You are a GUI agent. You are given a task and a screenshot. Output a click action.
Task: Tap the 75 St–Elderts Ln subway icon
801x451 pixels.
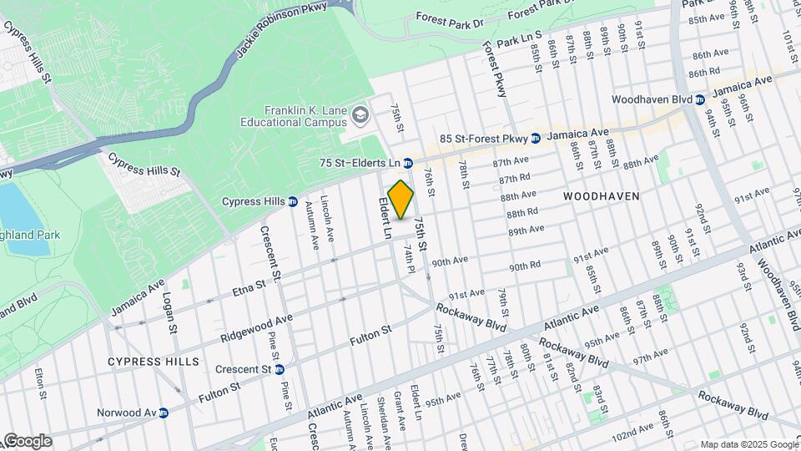click(409, 163)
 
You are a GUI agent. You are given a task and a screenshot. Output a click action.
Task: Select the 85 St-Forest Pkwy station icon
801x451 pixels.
click(536, 138)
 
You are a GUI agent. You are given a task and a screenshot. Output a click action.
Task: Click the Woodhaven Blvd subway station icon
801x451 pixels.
click(700, 99)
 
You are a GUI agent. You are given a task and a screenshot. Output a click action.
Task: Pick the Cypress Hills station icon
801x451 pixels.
click(293, 201)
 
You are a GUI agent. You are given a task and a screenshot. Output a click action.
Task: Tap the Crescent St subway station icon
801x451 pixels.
click(280, 369)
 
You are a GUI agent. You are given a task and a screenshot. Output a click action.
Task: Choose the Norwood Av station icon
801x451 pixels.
click(164, 413)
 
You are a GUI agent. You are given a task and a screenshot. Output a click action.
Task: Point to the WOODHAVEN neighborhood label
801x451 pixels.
click(601, 196)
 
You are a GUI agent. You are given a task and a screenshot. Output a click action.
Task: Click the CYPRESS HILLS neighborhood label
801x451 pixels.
click(154, 362)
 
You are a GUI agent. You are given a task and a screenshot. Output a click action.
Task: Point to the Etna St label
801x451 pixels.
click(249, 288)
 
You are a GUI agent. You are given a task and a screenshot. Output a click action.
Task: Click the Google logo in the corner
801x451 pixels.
click(27, 441)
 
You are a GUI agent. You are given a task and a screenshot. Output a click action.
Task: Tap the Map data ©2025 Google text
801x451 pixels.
click(748, 444)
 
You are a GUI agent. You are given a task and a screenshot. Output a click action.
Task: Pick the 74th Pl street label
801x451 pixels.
click(410, 258)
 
